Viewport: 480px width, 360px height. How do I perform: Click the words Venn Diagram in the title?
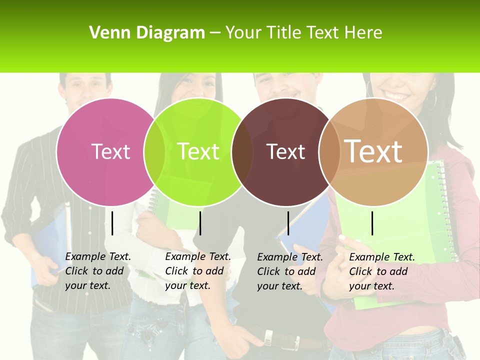147,33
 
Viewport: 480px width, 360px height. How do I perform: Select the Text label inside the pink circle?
111,151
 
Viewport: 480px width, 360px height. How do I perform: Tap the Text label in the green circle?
198,151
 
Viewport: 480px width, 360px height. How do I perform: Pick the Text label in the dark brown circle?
285,151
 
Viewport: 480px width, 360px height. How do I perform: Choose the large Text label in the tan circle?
373,151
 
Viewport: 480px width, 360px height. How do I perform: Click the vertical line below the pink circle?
112,223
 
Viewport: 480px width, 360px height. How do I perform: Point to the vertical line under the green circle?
200,223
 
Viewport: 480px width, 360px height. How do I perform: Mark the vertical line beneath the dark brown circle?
288,223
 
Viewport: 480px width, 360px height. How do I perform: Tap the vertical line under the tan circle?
372,223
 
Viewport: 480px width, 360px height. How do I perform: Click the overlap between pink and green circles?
154,152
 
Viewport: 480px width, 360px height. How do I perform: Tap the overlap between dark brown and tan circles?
329,152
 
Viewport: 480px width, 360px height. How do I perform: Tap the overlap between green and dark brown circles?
242,152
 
